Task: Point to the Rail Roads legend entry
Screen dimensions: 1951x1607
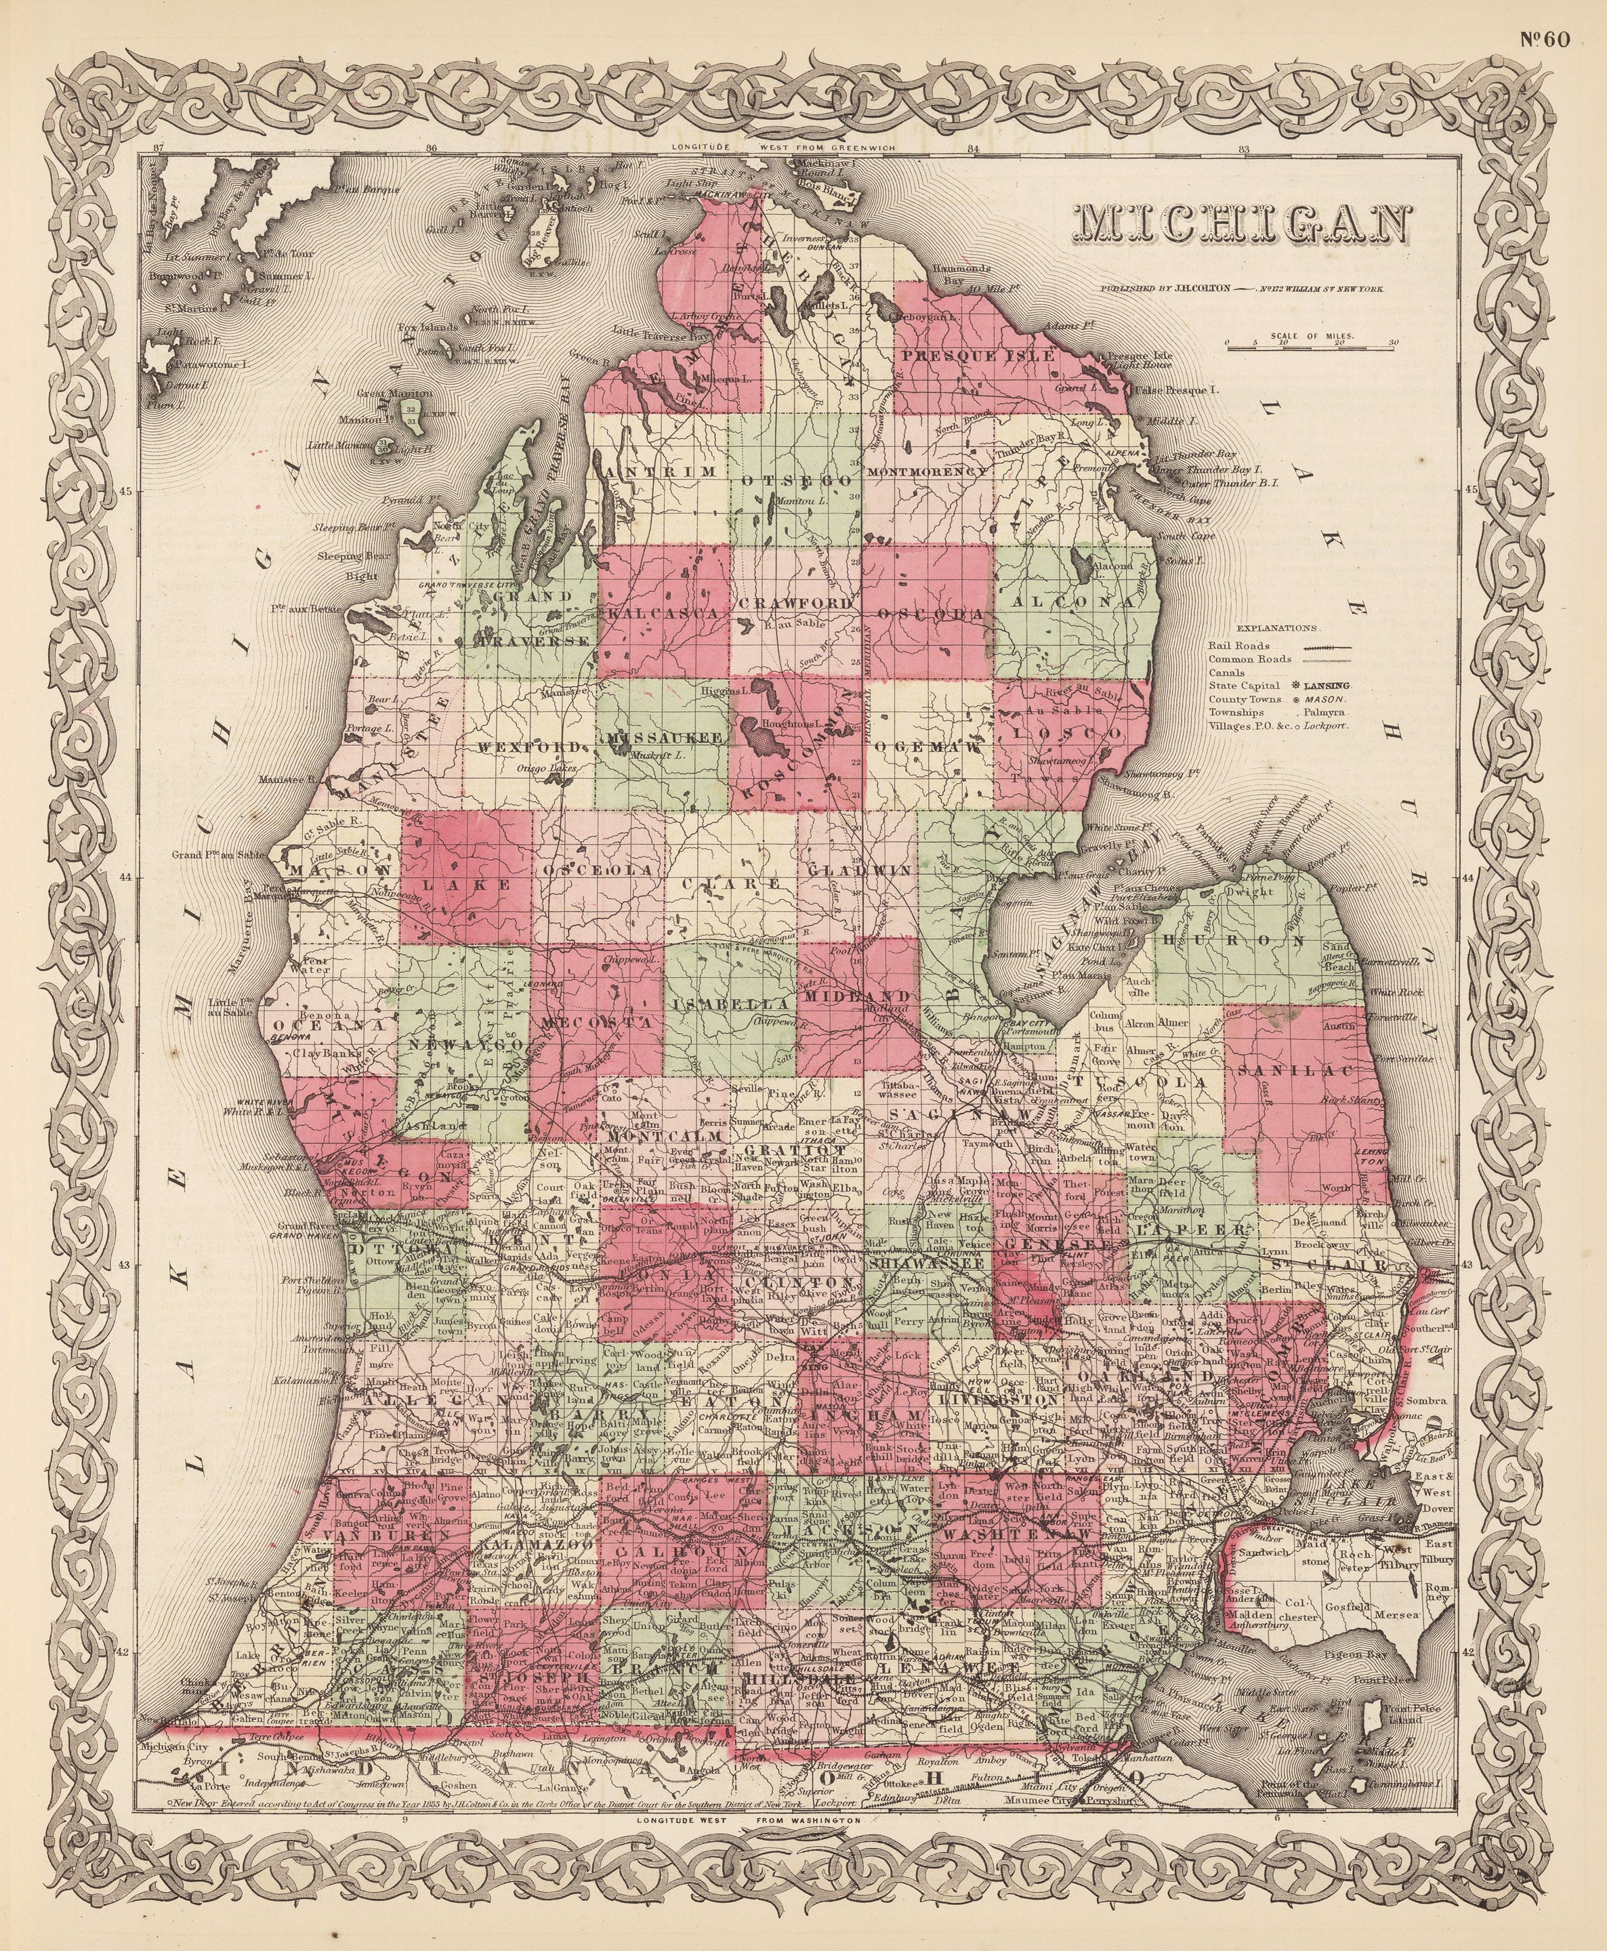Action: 1278,646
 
